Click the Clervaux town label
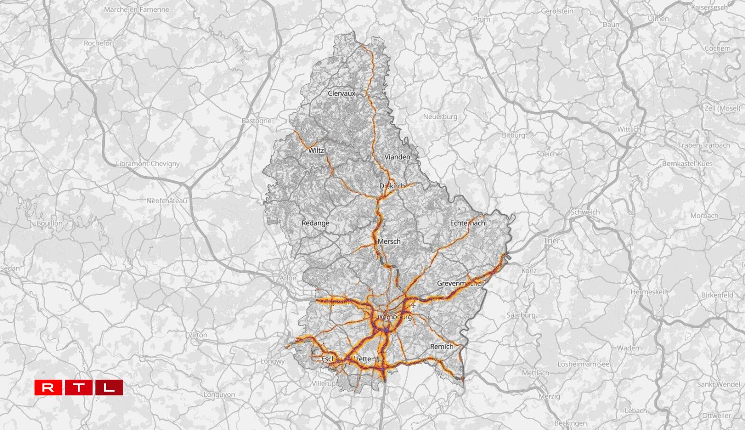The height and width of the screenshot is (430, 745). coord(341,93)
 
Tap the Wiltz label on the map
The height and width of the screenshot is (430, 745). coord(316,151)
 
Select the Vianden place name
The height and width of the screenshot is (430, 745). coord(397,157)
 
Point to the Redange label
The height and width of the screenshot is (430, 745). coord(315,223)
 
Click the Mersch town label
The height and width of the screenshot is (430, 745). coord(389,242)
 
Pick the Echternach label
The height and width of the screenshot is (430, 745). coord(467,223)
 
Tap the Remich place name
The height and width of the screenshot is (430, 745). coord(442,347)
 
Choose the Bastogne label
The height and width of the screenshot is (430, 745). coord(256,121)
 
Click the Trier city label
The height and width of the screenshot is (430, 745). coord(551,241)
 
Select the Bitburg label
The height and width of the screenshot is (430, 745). coord(513,135)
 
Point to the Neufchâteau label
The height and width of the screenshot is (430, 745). coord(166,201)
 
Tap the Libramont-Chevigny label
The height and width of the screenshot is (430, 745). coord(148,164)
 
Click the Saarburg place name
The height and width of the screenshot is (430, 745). coord(521,315)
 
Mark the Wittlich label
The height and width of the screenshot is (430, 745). coord(629,129)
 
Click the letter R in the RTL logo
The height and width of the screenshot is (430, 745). coord(48,387)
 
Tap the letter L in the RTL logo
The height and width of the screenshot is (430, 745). coord(109,387)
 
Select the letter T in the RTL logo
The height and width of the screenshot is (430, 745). coord(79,387)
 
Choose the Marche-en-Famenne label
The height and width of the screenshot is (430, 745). coord(136,9)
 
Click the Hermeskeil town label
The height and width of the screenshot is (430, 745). coord(648,292)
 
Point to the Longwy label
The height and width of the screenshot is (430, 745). coord(273,361)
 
